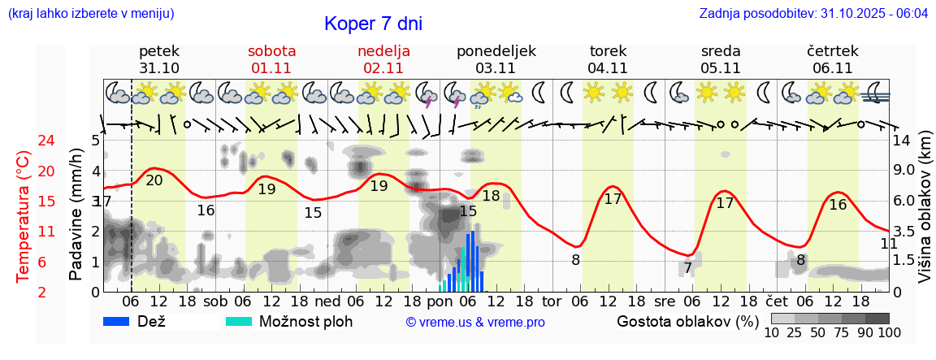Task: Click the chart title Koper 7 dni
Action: (373, 24)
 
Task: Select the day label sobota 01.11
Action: (272, 59)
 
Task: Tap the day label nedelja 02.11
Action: (383, 59)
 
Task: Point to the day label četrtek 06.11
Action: (832, 59)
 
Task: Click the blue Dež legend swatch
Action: (121, 321)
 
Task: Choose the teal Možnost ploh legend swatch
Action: (240, 321)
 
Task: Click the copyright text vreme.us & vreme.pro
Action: (475, 323)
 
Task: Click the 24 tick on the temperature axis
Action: (24, 141)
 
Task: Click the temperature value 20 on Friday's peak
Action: (154, 180)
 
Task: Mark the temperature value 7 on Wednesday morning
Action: (687, 267)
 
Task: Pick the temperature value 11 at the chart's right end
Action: (889, 243)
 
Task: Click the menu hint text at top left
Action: (90, 14)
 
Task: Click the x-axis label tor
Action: (552, 301)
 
